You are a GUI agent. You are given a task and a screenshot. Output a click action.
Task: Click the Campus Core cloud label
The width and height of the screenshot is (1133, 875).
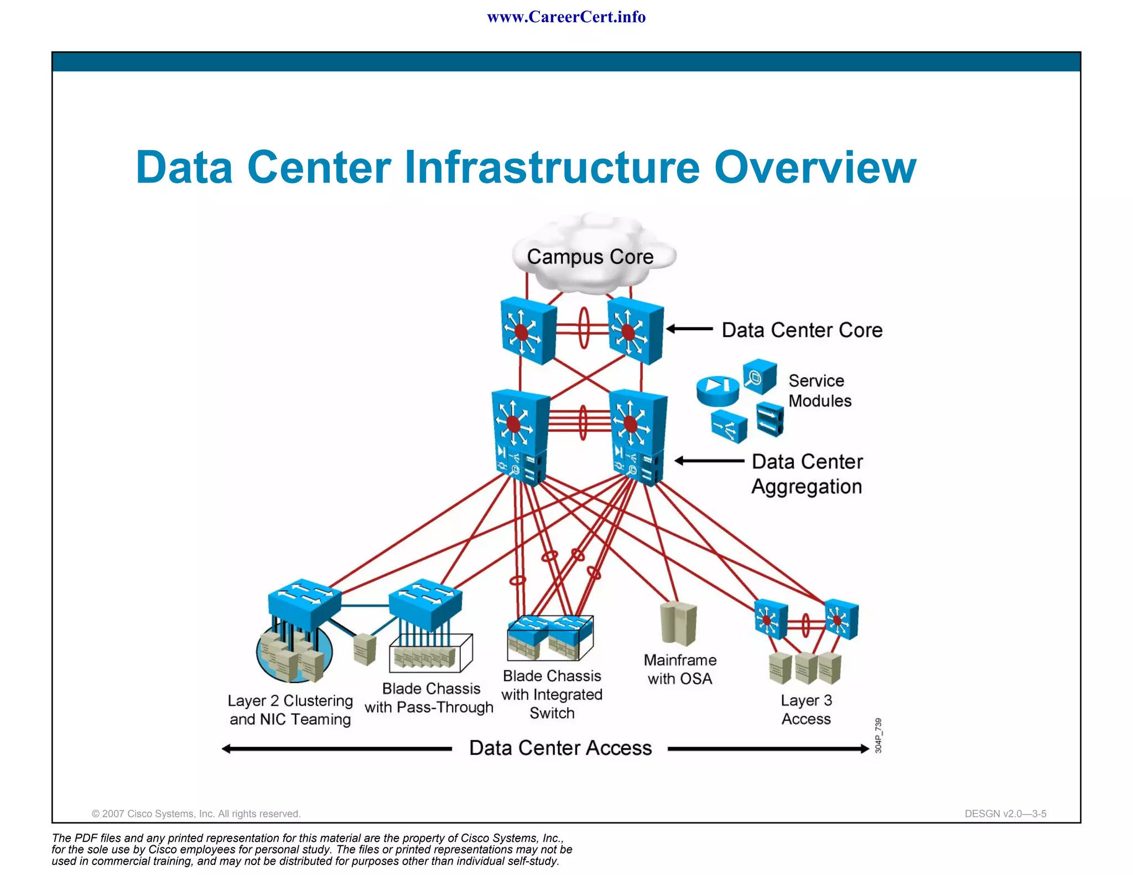[x=590, y=257]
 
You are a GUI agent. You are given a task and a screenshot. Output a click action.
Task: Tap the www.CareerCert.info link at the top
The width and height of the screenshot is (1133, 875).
[x=566, y=17]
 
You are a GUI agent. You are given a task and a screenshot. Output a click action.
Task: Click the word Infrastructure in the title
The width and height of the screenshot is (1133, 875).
[x=552, y=167]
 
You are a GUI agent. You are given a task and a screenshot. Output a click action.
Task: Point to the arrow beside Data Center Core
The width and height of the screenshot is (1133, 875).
[x=689, y=329]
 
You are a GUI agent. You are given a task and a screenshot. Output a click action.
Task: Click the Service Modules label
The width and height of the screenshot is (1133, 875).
[x=819, y=390]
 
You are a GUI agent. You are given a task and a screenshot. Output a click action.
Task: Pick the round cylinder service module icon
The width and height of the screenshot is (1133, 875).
[x=718, y=390]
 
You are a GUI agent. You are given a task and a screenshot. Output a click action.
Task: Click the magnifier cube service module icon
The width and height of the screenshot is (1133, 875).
[x=759, y=377]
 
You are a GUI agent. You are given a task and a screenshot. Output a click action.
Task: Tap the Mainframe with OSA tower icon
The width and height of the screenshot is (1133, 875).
[x=678, y=623]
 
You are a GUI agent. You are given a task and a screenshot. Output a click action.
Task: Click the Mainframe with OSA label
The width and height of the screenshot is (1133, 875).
[x=680, y=669]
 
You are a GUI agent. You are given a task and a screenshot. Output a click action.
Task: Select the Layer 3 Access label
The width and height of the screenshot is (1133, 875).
[x=806, y=710]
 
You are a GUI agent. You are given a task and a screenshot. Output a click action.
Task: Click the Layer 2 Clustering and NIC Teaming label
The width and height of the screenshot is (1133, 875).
[x=290, y=710]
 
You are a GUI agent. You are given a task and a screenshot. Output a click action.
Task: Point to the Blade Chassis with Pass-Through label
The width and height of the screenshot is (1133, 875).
[x=429, y=698]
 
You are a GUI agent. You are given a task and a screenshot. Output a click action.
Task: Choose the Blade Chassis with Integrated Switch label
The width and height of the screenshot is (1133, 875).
[x=552, y=695]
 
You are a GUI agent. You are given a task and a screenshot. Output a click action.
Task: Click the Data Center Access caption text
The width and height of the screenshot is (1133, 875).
[x=560, y=748]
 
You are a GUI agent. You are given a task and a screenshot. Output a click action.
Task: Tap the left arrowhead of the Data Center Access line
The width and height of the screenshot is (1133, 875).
[x=226, y=749]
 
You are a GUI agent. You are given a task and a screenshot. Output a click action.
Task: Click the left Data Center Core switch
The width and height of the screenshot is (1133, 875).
[x=528, y=330]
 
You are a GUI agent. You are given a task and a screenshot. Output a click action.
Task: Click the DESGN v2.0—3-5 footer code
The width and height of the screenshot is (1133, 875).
[x=1005, y=814]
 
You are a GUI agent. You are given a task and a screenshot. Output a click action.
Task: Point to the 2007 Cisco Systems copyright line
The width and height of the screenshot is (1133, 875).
[x=196, y=814]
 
